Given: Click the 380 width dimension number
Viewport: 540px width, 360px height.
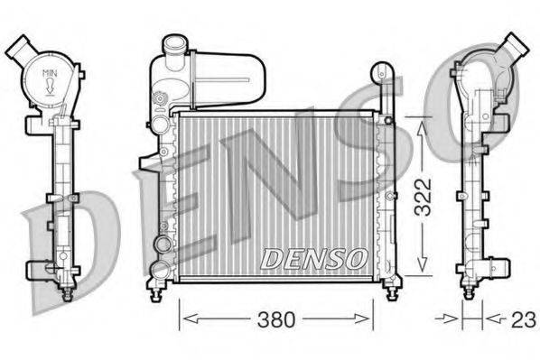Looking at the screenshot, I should point(275,318).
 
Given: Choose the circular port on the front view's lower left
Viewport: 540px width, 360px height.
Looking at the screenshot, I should point(162,244).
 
